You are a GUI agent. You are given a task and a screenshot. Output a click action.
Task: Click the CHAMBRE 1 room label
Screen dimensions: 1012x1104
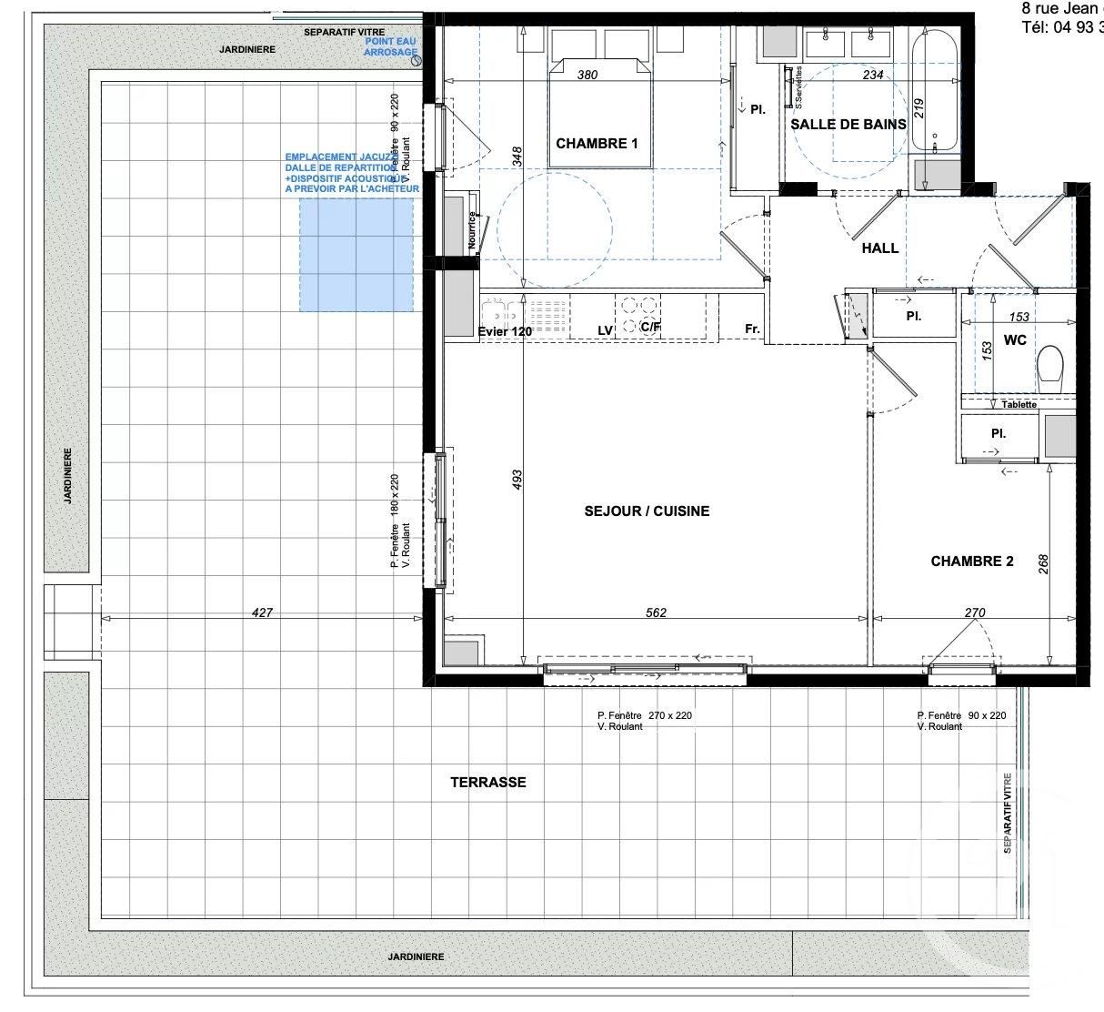(597, 143)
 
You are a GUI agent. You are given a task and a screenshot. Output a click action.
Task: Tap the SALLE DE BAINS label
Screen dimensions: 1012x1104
(848, 124)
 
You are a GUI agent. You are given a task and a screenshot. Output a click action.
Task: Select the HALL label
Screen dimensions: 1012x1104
(879, 248)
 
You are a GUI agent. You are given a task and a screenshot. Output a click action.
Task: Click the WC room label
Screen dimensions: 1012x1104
(1015, 339)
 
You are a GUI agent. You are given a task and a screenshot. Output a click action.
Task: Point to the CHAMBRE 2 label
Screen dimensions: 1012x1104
(971, 562)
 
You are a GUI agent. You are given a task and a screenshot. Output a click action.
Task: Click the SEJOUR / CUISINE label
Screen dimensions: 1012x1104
(647, 511)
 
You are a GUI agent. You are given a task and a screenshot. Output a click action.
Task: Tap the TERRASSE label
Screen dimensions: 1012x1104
(487, 782)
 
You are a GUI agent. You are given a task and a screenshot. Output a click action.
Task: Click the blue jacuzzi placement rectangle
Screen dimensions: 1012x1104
(356, 255)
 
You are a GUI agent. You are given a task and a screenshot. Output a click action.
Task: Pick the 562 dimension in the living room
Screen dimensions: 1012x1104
(656, 612)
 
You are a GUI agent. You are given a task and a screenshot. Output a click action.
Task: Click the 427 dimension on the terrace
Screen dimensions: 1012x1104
(262, 612)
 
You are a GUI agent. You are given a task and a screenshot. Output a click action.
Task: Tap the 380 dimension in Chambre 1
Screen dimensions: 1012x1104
(587, 76)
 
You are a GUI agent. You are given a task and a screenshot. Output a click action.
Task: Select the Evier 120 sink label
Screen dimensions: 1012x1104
(505, 332)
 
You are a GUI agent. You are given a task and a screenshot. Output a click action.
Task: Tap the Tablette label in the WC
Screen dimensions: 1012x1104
(1019, 404)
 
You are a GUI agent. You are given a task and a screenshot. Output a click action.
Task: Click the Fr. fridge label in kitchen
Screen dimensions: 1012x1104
(752, 329)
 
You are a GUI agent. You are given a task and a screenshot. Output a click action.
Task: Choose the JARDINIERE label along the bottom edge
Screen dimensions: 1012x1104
(419, 956)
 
